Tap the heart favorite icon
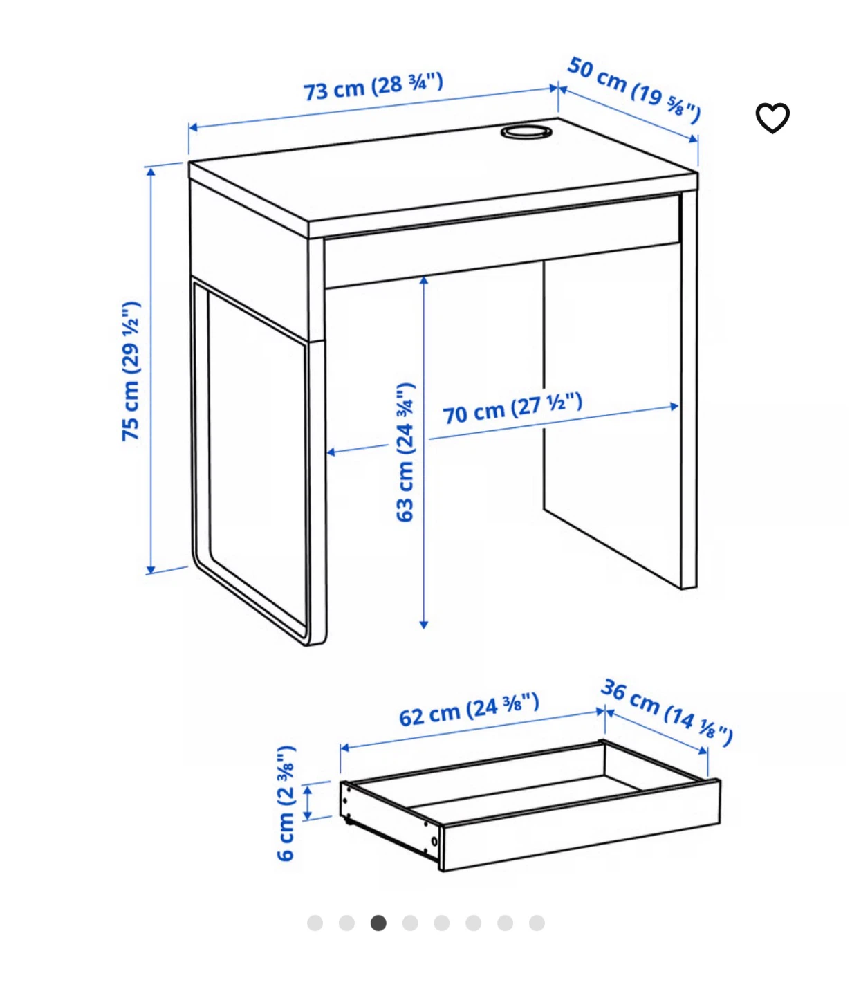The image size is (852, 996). click(772, 118)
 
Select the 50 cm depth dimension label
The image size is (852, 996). click(633, 90)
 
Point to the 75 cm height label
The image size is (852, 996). click(131, 371)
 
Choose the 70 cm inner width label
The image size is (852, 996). click(512, 408)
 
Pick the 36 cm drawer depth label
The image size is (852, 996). click(667, 712)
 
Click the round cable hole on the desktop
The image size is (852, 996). click(526, 131)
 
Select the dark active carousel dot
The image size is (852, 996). click(378, 923)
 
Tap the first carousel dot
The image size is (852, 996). click(315, 923)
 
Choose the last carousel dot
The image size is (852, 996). click(537, 923)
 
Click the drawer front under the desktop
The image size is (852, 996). click(502, 241)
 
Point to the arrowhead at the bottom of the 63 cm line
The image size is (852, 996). click(424, 625)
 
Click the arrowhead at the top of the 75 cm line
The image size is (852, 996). click(150, 172)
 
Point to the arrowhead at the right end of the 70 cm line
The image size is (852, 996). click(675, 407)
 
